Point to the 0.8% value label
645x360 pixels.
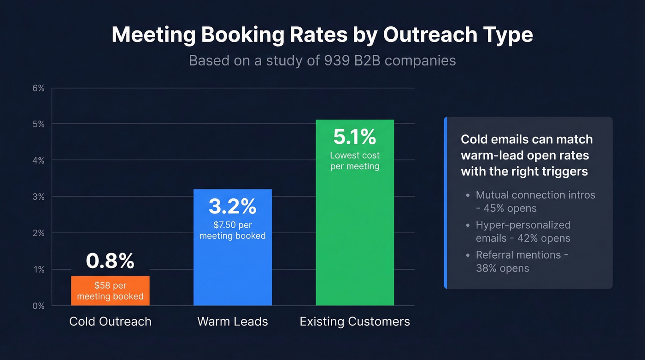coord(110,261)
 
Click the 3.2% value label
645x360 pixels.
coord(232,207)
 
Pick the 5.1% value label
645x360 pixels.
coord(355,137)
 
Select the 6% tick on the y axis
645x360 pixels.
coord(38,88)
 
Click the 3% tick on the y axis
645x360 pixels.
coord(38,197)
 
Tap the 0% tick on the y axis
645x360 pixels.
coord(38,306)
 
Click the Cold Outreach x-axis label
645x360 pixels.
coord(110,321)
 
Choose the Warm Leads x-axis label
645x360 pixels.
coord(233,321)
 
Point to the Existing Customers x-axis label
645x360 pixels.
coord(355,321)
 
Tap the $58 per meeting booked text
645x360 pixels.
coord(110,291)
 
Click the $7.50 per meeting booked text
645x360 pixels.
coord(232,230)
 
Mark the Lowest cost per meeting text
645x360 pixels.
coord(355,160)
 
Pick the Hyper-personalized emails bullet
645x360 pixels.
coord(523,231)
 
